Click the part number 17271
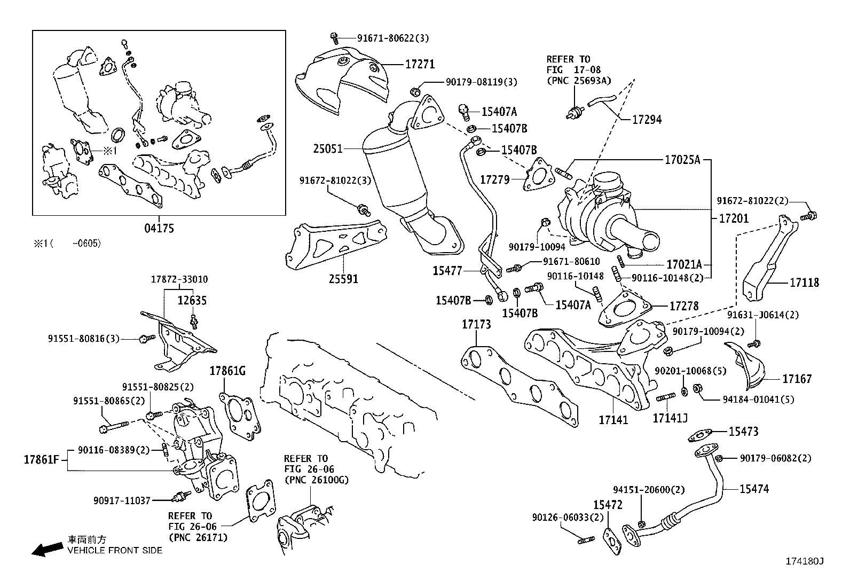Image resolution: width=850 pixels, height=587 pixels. point(420,65)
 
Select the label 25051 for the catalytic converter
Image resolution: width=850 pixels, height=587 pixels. point(327,148)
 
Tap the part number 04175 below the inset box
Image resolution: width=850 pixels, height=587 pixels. point(159,229)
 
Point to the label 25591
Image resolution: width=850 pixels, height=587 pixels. point(343,279)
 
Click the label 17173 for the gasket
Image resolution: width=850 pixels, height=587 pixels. point(476,324)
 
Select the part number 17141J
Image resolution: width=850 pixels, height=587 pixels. point(670,419)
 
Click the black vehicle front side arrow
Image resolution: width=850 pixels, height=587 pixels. point(46,549)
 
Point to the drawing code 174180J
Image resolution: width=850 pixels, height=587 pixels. point(804,561)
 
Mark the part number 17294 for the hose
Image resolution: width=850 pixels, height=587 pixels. point(647,120)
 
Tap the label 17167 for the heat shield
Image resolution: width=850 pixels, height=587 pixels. point(797,379)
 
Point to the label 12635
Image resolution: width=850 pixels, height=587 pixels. point(192,301)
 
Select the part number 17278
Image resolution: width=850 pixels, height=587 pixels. point(684,306)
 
